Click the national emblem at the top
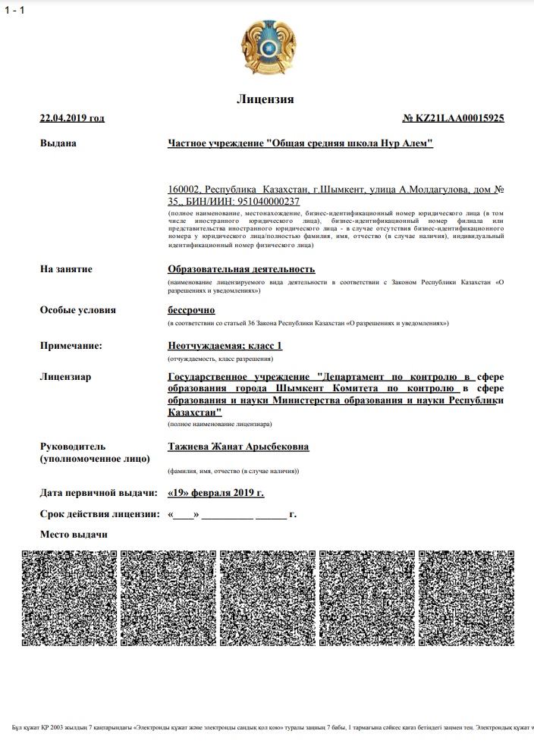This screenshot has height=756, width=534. pos(267,47)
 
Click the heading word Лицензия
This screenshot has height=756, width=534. pos(265,99)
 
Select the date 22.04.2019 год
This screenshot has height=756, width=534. pos(72,118)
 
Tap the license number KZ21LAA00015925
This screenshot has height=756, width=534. pos(454,118)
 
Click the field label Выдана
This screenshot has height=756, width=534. pos(58,143)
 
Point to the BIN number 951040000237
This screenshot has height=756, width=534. pos(269,202)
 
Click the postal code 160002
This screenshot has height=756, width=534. pos(184,190)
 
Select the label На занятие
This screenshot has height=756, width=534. pos(66,269)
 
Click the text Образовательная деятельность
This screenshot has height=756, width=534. pos(241,269)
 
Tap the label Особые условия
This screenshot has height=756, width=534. pos(78,310)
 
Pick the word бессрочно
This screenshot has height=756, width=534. pos(191,310)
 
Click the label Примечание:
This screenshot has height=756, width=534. pos(71,346)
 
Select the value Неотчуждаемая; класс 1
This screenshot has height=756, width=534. pos(225,346)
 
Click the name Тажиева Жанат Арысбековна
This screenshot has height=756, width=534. pos(238,447)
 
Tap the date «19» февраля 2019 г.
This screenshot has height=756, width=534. pos(216,493)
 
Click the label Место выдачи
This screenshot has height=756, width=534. pos(74,535)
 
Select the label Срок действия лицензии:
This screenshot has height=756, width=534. pos(99,514)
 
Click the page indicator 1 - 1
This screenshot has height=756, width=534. pos(14,10)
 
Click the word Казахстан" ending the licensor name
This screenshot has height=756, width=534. pos(194,413)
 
